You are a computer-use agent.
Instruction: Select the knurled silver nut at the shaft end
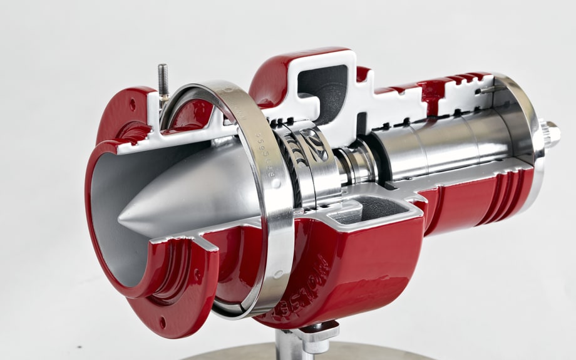[551, 133]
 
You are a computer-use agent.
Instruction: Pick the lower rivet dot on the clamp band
[276, 274]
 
